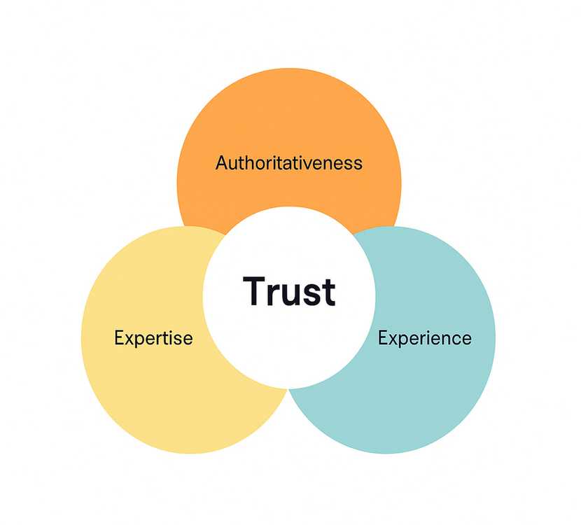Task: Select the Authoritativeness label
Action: (289, 163)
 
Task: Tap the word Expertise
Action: (153, 339)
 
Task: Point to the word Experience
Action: (424, 339)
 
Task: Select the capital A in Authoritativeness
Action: (222, 163)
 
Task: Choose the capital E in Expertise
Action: (118, 338)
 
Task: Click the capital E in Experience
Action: (383, 338)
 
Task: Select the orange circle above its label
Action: (289, 112)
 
